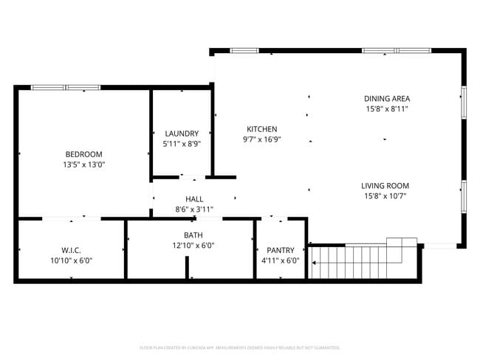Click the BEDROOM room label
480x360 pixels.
click(83, 154)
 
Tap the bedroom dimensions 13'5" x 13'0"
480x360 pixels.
click(83, 165)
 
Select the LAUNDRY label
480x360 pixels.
click(182, 134)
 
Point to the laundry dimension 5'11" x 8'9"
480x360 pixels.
click(182, 145)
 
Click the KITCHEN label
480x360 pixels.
click(261, 128)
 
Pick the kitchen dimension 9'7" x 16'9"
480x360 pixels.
click(261, 139)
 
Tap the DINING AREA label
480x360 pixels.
click(386, 98)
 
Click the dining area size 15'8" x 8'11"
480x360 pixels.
click(386, 109)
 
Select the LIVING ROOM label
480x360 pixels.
click(385, 186)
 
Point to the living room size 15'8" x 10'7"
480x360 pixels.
click(385, 197)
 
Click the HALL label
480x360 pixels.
click(194, 199)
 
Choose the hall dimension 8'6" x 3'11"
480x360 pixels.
click(194, 210)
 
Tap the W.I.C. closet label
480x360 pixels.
click(71, 249)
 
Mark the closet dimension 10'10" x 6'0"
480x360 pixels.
click(71, 260)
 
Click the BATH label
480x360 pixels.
click(193, 235)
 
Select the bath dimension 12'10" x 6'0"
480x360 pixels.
click(193, 246)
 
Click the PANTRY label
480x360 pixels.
click(281, 249)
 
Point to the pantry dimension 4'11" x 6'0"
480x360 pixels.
click(281, 260)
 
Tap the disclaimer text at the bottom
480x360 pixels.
click(240, 347)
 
